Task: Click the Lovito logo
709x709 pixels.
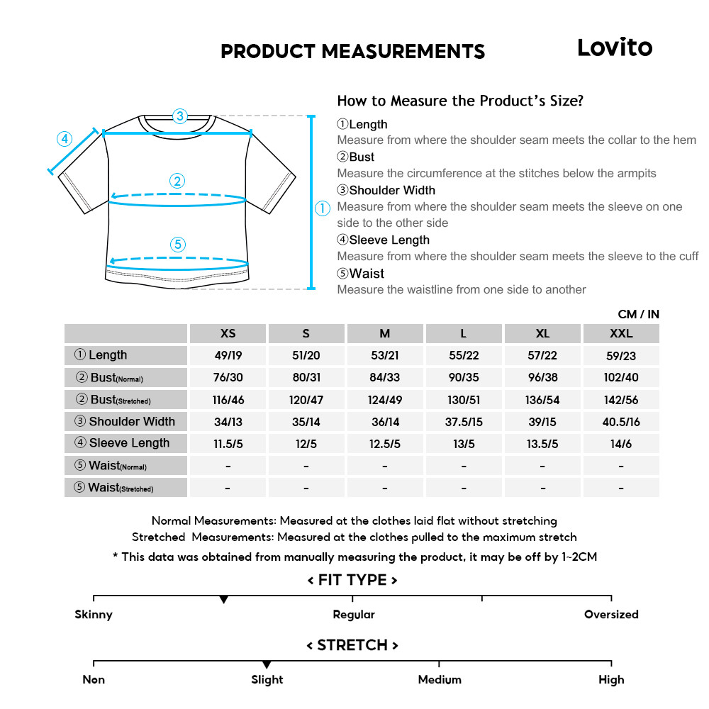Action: tap(614, 48)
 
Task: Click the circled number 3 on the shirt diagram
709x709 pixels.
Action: tap(180, 116)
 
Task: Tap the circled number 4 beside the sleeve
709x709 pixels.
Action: tap(65, 139)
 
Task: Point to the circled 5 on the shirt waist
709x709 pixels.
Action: tap(178, 245)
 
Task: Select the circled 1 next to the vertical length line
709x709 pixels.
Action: tap(323, 208)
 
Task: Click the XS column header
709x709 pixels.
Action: tap(228, 333)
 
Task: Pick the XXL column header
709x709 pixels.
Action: tap(621, 333)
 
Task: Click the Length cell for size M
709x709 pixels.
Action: tap(385, 355)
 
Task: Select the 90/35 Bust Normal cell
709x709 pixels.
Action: tap(464, 377)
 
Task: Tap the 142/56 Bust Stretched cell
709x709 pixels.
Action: tap(621, 400)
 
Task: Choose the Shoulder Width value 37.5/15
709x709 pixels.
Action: tap(464, 422)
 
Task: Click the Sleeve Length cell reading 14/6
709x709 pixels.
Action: tap(621, 444)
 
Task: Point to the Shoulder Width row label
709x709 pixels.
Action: tap(125, 422)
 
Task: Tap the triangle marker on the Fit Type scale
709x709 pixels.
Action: tap(224, 600)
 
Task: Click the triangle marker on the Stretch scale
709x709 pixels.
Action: tap(267, 664)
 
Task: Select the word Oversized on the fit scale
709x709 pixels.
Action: tap(611, 615)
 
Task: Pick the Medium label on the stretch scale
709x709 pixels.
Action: tap(439, 680)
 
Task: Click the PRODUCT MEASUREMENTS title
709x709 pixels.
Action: tap(353, 52)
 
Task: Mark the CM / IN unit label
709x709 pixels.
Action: tap(638, 314)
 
